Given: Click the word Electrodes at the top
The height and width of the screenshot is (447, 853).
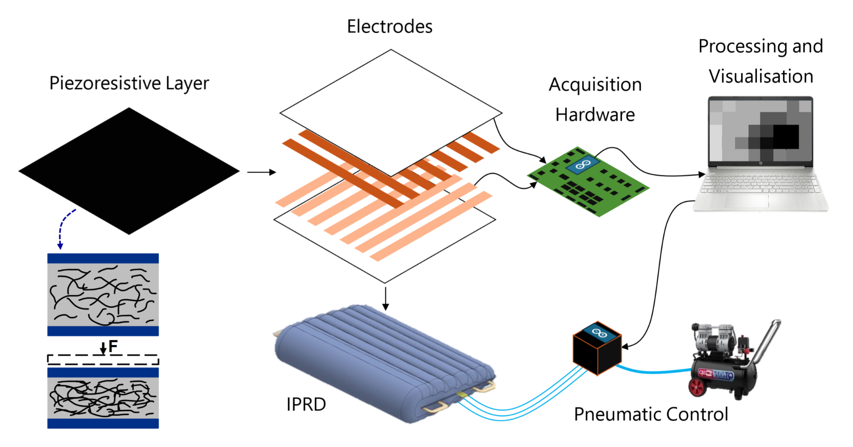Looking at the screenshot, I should click(389, 27).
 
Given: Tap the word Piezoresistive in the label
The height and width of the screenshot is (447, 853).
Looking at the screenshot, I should click(105, 84).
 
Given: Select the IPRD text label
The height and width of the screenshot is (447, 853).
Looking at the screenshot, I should click(306, 404).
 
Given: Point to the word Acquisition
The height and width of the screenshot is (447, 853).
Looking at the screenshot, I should click(595, 85).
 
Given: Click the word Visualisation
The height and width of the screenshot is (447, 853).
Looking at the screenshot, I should click(761, 77).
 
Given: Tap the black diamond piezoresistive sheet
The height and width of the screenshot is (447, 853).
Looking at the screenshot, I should click(129, 170).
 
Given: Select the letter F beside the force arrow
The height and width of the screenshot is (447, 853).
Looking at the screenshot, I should click(113, 346).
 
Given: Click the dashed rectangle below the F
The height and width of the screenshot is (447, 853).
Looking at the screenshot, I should click(103, 360).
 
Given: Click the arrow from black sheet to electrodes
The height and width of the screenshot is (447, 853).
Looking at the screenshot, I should click(261, 172).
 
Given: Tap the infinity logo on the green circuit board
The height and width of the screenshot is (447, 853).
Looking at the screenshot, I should click(583, 165).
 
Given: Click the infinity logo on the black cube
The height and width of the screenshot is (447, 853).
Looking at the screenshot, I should click(599, 332).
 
